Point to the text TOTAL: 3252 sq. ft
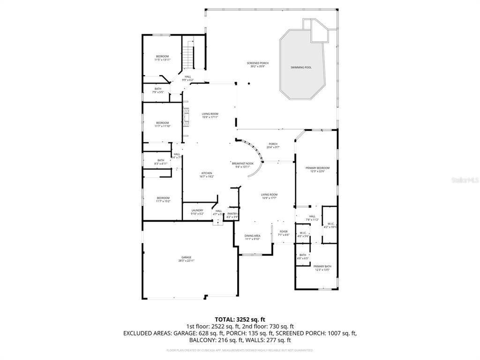(x=240, y=319)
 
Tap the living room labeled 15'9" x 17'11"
(x=210, y=115)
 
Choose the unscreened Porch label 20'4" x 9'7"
(x=273, y=145)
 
